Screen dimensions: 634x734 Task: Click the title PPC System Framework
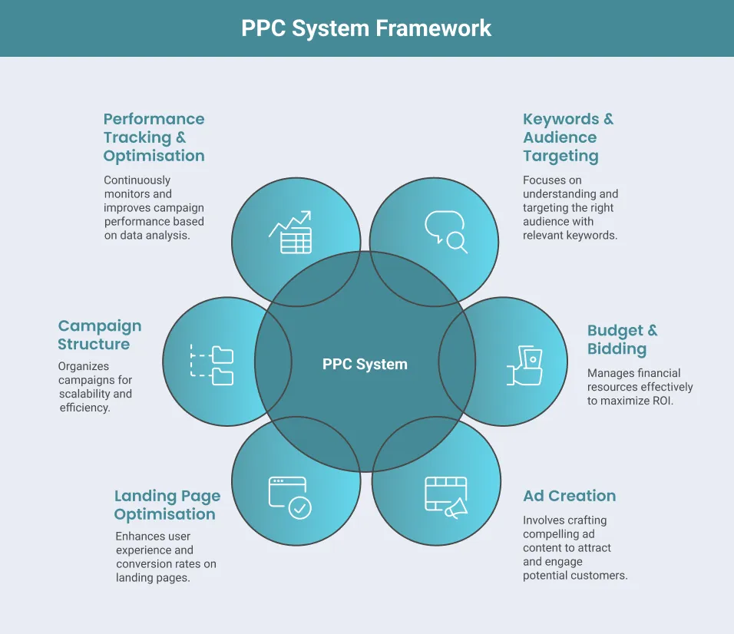tap(366, 28)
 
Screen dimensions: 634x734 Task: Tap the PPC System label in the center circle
tap(365, 365)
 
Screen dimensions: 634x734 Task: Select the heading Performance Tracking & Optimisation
tap(154, 137)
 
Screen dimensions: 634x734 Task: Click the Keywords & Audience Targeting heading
tap(567, 137)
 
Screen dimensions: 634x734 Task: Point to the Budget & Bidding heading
tap(622, 340)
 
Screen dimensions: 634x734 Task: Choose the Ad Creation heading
tap(569, 496)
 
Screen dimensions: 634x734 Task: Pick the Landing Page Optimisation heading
tap(167, 505)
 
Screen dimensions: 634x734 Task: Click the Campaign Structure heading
tap(100, 335)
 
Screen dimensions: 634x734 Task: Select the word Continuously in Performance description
tap(137, 180)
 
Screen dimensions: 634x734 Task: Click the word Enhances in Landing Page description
tap(140, 537)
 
